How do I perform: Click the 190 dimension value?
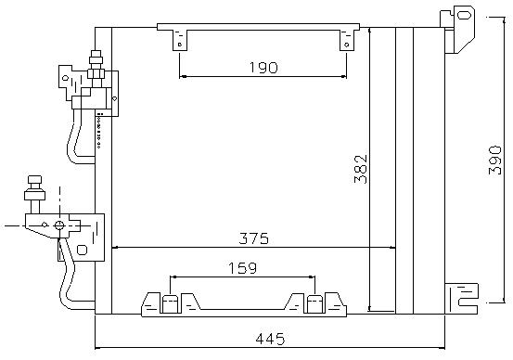[x=263, y=68]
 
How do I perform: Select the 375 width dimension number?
[x=253, y=238]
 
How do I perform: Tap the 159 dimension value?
[x=242, y=268]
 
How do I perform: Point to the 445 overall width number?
[x=270, y=339]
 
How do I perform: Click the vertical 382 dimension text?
[x=361, y=169]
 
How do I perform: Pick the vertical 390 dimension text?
[x=494, y=161]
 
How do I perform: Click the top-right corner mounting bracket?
[x=458, y=30]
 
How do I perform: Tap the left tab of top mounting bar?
[x=180, y=40]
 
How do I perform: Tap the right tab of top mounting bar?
[x=347, y=40]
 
